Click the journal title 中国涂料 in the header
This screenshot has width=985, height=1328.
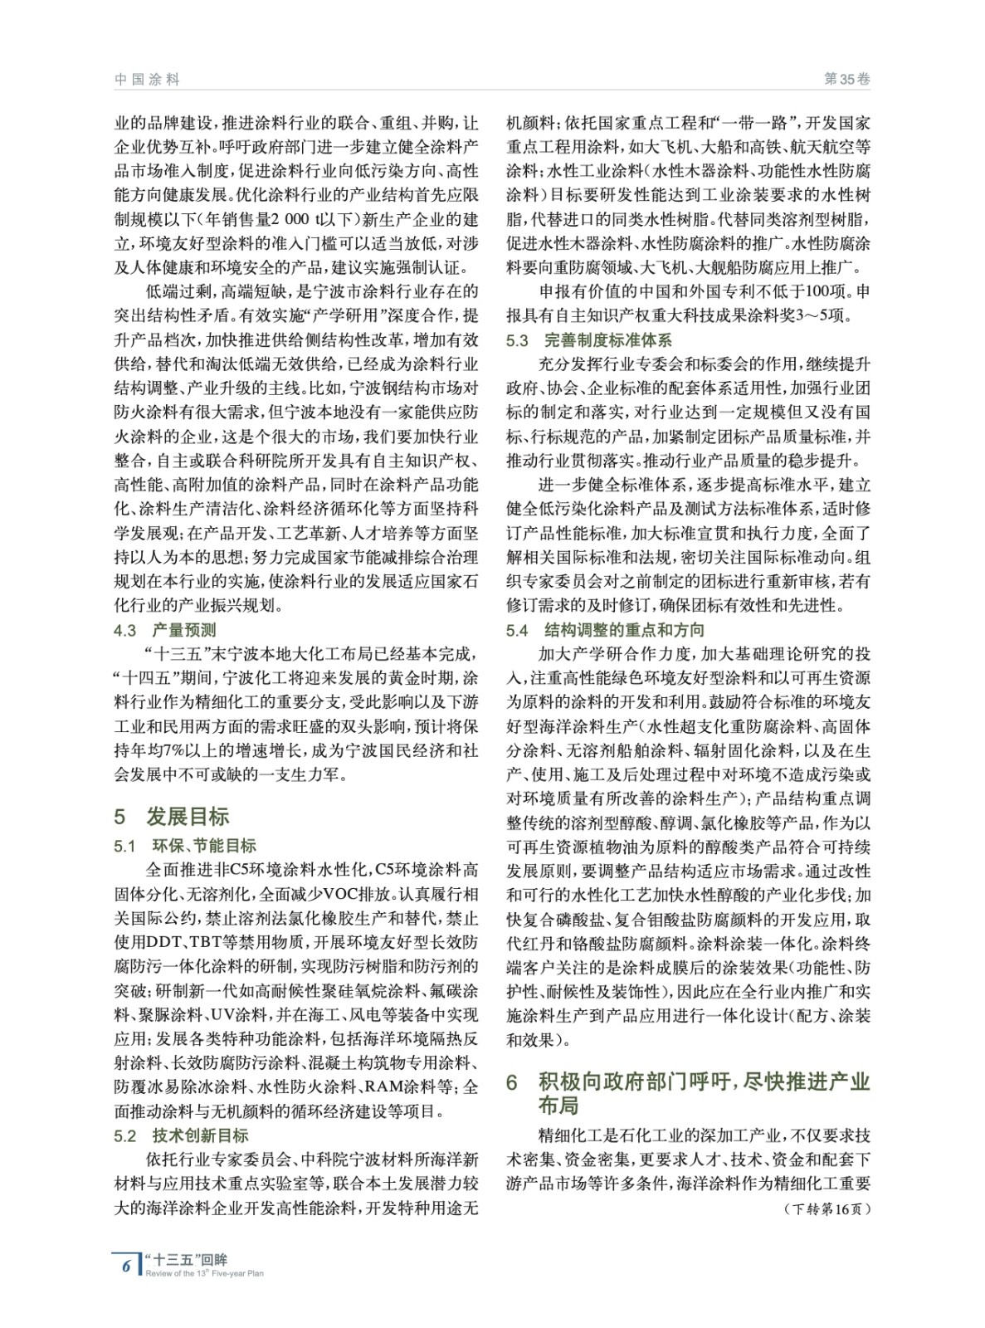pyautogui.click(x=147, y=79)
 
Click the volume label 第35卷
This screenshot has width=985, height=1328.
pyautogui.click(x=846, y=79)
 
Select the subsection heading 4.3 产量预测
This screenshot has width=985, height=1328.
pyautogui.click(x=165, y=630)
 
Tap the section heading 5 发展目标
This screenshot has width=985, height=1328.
pyautogui.click(x=172, y=816)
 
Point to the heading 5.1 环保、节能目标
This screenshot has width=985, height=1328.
pyautogui.click(x=185, y=846)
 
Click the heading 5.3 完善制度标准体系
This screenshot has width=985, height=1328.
pyautogui.click(x=589, y=340)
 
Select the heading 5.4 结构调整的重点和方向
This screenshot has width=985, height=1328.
pyautogui.click(x=606, y=630)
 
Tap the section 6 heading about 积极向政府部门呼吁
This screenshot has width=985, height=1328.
pyautogui.click(x=689, y=1093)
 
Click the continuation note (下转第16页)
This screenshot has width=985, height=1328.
pyautogui.click(x=827, y=1208)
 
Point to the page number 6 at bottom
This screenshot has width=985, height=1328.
pyautogui.click(x=126, y=1265)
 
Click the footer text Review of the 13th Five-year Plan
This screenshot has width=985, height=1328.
pyautogui.click(x=204, y=1273)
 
